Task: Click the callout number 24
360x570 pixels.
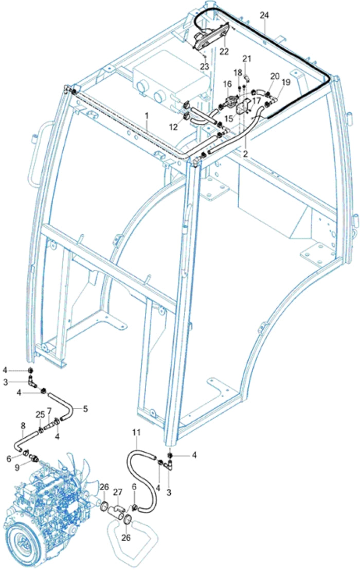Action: click(x=264, y=16)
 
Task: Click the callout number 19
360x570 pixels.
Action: click(x=285, y=82)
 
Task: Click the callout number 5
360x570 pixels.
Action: click(x=85, y=409)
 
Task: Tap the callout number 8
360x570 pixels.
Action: click(x=23, y=425)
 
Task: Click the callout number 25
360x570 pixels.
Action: click(x=40, y=415)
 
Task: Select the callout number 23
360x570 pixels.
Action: click(x=204, y=67)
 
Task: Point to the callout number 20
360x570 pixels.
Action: click(x=275, y=76)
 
